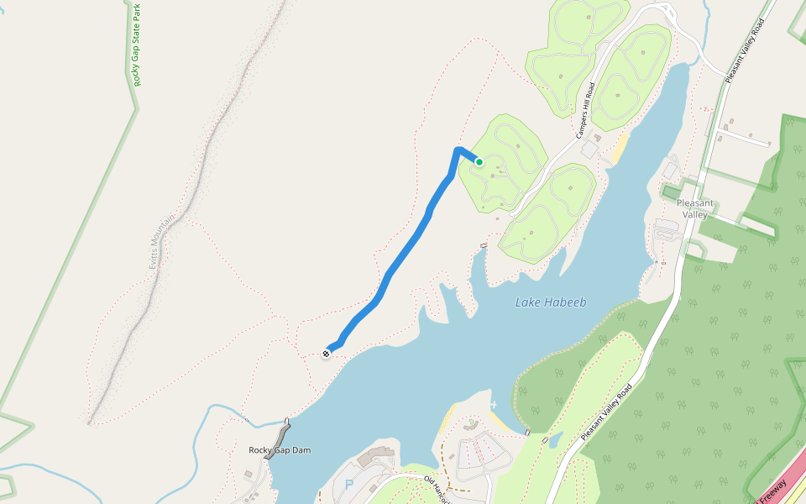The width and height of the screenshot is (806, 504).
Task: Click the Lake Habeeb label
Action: [x=550, y=303]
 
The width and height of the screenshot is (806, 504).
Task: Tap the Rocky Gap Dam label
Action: [x=280, y=450]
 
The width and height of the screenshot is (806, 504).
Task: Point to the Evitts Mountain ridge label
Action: [x=155, y=239]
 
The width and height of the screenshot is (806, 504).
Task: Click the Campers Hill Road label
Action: [x=585, y=110]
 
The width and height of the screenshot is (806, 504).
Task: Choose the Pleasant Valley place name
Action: [x=695, y=208]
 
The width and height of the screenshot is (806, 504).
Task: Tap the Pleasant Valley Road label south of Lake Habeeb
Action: [x=605, y=413]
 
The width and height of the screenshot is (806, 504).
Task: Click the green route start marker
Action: [x=479, y=162]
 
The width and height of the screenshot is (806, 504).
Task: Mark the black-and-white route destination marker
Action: [x=326, y=354]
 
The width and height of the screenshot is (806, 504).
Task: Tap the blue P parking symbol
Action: [x=349, y=485]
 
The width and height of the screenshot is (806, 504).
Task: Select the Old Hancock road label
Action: [x=437, y=487]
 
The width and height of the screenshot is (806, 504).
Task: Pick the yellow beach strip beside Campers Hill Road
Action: [x=620, y=148]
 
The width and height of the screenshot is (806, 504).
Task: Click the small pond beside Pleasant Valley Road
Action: [x=555, y=440]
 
